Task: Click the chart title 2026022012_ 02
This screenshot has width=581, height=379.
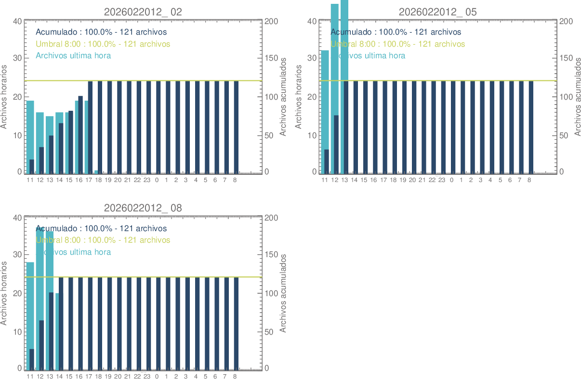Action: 143,12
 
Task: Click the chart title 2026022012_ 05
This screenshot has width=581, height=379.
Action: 437,12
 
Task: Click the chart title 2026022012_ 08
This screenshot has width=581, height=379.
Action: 143,208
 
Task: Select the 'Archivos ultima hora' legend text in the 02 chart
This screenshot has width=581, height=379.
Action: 73,55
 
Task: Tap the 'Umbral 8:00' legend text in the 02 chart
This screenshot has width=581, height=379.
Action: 103,44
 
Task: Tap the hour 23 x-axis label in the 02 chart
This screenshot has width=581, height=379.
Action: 147,180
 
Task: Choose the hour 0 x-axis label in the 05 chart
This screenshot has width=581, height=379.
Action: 451,180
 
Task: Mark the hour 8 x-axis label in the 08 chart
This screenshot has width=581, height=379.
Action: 235,376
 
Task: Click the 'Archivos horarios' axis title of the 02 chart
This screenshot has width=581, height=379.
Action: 4,97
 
